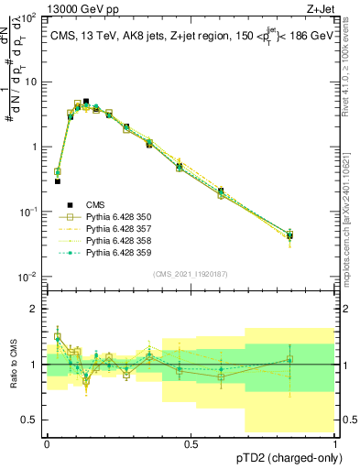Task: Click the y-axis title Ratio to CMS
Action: (12, 365)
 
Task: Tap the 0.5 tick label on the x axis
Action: (191, 443)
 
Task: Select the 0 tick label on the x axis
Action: (47, 443)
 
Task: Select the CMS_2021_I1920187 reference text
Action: (191, 274)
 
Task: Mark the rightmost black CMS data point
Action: (289, 235)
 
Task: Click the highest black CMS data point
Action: (86, 102)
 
